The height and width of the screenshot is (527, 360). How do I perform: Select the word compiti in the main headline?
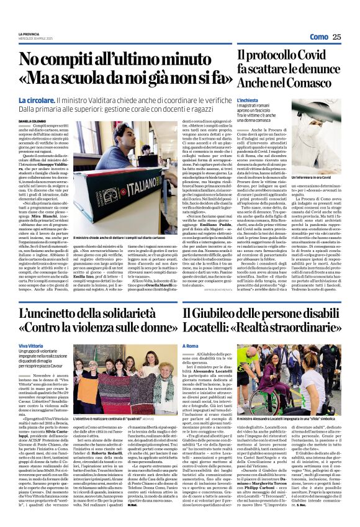click(x=79, y=60)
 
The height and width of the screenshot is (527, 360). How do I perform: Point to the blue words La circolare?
click(x=36, y=99)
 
